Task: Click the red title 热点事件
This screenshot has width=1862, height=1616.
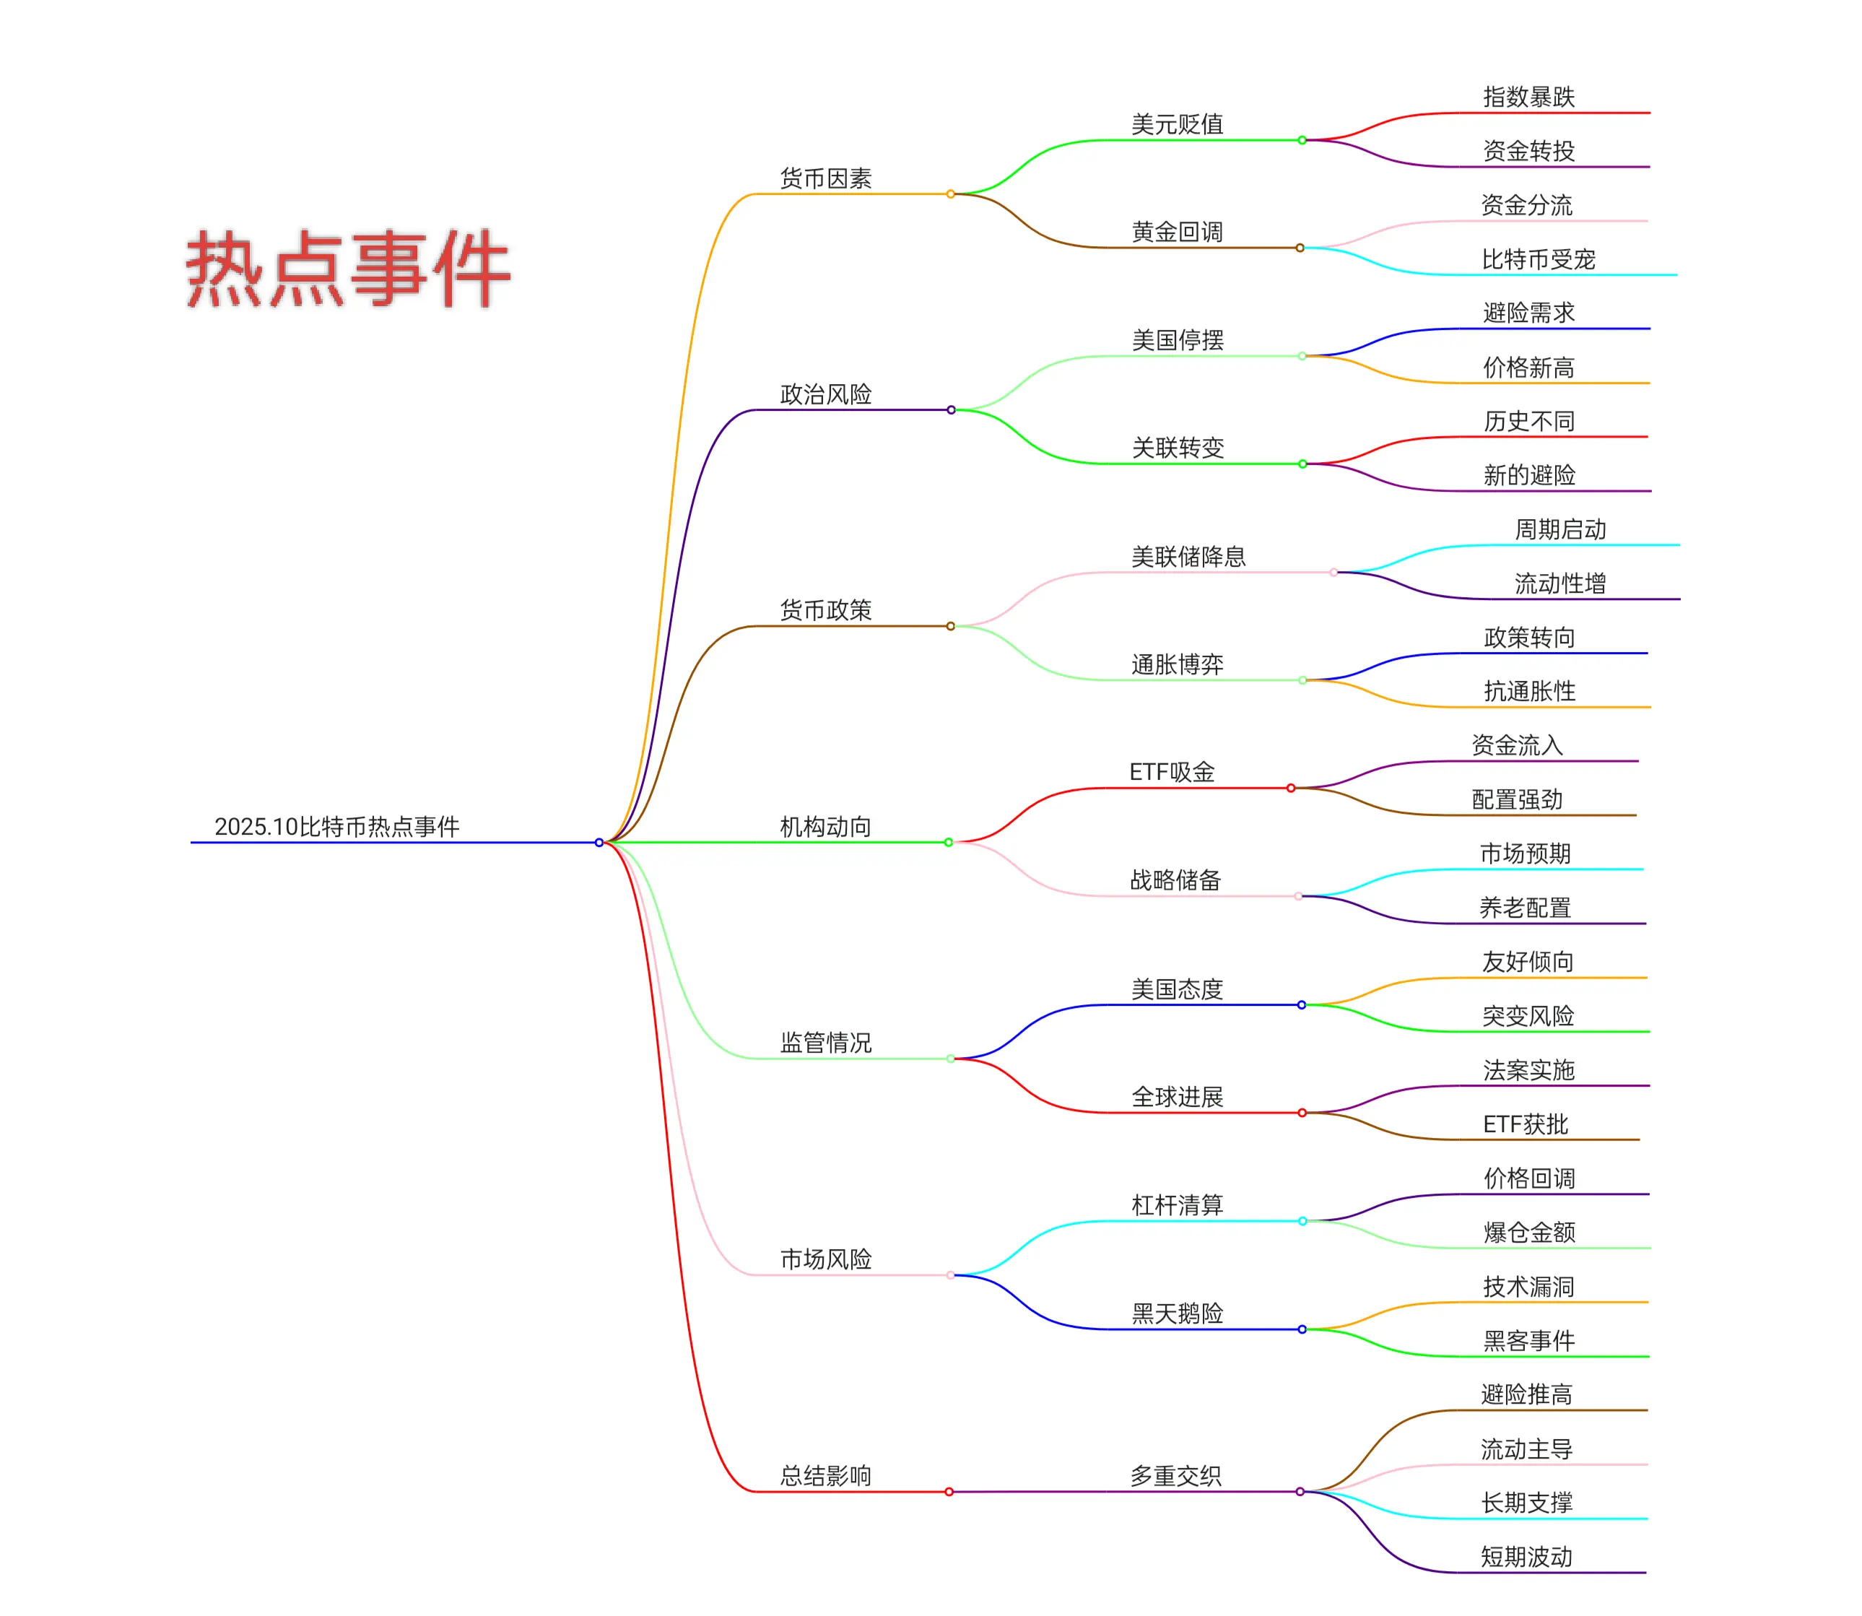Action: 348,268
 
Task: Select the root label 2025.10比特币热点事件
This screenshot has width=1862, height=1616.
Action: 336,826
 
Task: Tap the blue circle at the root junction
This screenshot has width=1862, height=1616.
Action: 599,842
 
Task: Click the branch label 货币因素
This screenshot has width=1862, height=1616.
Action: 825,178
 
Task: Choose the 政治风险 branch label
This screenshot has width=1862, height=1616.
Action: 825,394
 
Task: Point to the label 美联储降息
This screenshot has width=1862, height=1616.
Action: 1188,557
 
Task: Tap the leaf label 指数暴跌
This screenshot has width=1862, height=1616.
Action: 1528,97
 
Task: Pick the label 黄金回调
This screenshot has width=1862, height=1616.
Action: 1177,233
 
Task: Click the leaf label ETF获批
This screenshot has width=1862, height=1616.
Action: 1525,1124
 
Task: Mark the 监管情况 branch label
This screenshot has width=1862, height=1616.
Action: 825,1043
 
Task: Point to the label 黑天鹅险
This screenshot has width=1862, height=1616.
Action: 1177,1313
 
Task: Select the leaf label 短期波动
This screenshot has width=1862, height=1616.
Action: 1526,1557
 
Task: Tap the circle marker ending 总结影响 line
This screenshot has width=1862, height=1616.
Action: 949,1492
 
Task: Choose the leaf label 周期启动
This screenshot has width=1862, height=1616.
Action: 1560,529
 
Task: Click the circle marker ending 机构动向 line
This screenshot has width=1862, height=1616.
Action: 948,842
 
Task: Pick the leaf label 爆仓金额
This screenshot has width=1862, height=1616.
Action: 1528,1232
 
